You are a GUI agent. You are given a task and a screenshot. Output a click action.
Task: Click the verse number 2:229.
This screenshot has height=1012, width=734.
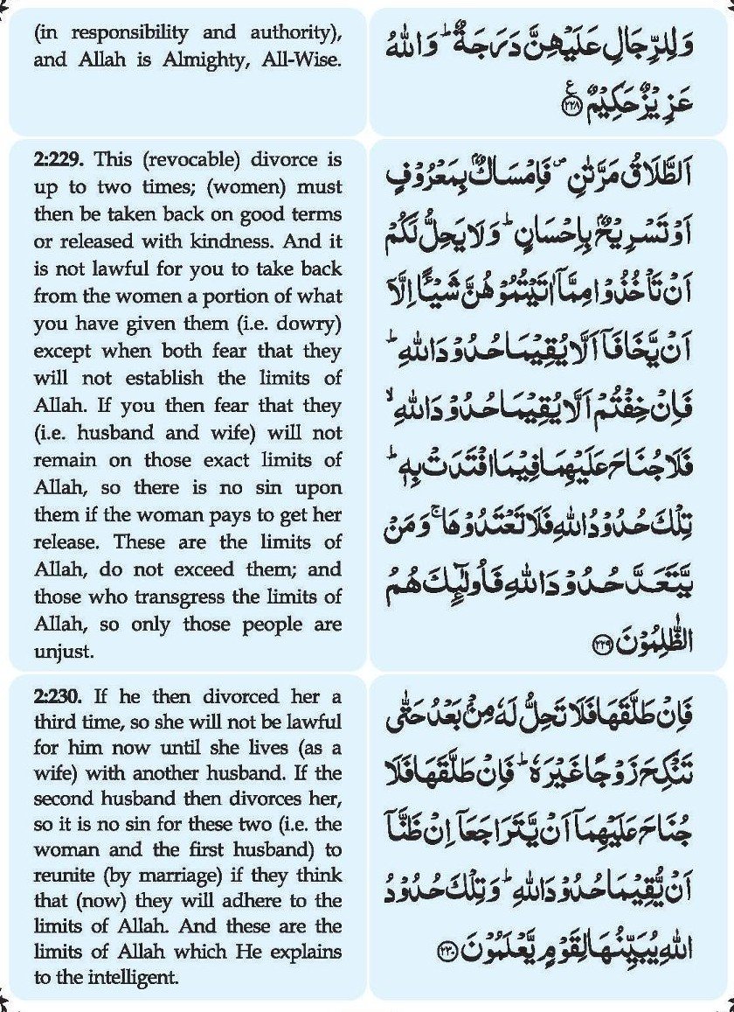point(59,160)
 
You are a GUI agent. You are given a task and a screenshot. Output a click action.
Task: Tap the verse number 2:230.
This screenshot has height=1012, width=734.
point(59,697)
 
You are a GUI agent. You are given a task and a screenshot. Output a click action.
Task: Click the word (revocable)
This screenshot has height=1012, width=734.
point(186,160)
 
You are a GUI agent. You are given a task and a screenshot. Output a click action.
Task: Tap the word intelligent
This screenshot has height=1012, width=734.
point(136,977)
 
